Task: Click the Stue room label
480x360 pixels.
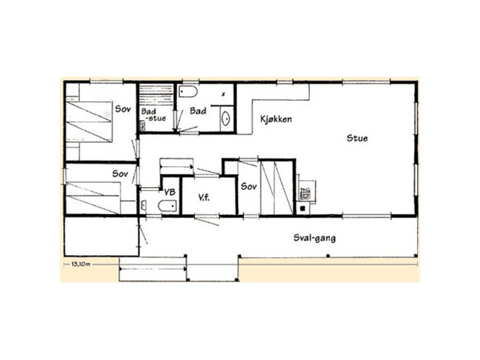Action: [x=357, y=138]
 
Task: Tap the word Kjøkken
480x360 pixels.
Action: [x=276, y=119]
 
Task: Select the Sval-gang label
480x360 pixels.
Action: [x=314, y=238]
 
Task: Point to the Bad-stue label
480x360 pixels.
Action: [x=154, y=115]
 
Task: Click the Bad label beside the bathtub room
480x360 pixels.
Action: [x=198, y=110]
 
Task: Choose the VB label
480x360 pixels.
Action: [x=170, y=192]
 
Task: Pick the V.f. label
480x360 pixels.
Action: [x=203, y=198]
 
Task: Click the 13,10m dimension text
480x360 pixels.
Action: [x=80, y=264]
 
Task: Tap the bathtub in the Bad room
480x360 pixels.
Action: [x=187, y=92]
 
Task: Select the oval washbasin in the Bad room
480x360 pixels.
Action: [x=226, y=118]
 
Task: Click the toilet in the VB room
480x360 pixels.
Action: [x=167, y=206]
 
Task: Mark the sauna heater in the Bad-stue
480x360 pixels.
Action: [x=143, y=125]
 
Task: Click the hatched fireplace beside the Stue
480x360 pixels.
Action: [x=305, y=193]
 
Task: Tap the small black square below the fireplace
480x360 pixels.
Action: [x=302, y=208]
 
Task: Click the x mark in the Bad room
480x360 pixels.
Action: [x=223, y=94]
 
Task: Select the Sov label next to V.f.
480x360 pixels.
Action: [x=248, y=186]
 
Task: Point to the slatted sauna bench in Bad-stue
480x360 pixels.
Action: [x=156, y=91]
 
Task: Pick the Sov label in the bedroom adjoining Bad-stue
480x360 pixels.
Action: [x=123, y=109]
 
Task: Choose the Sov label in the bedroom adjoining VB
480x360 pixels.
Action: [x=120, y=173]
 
